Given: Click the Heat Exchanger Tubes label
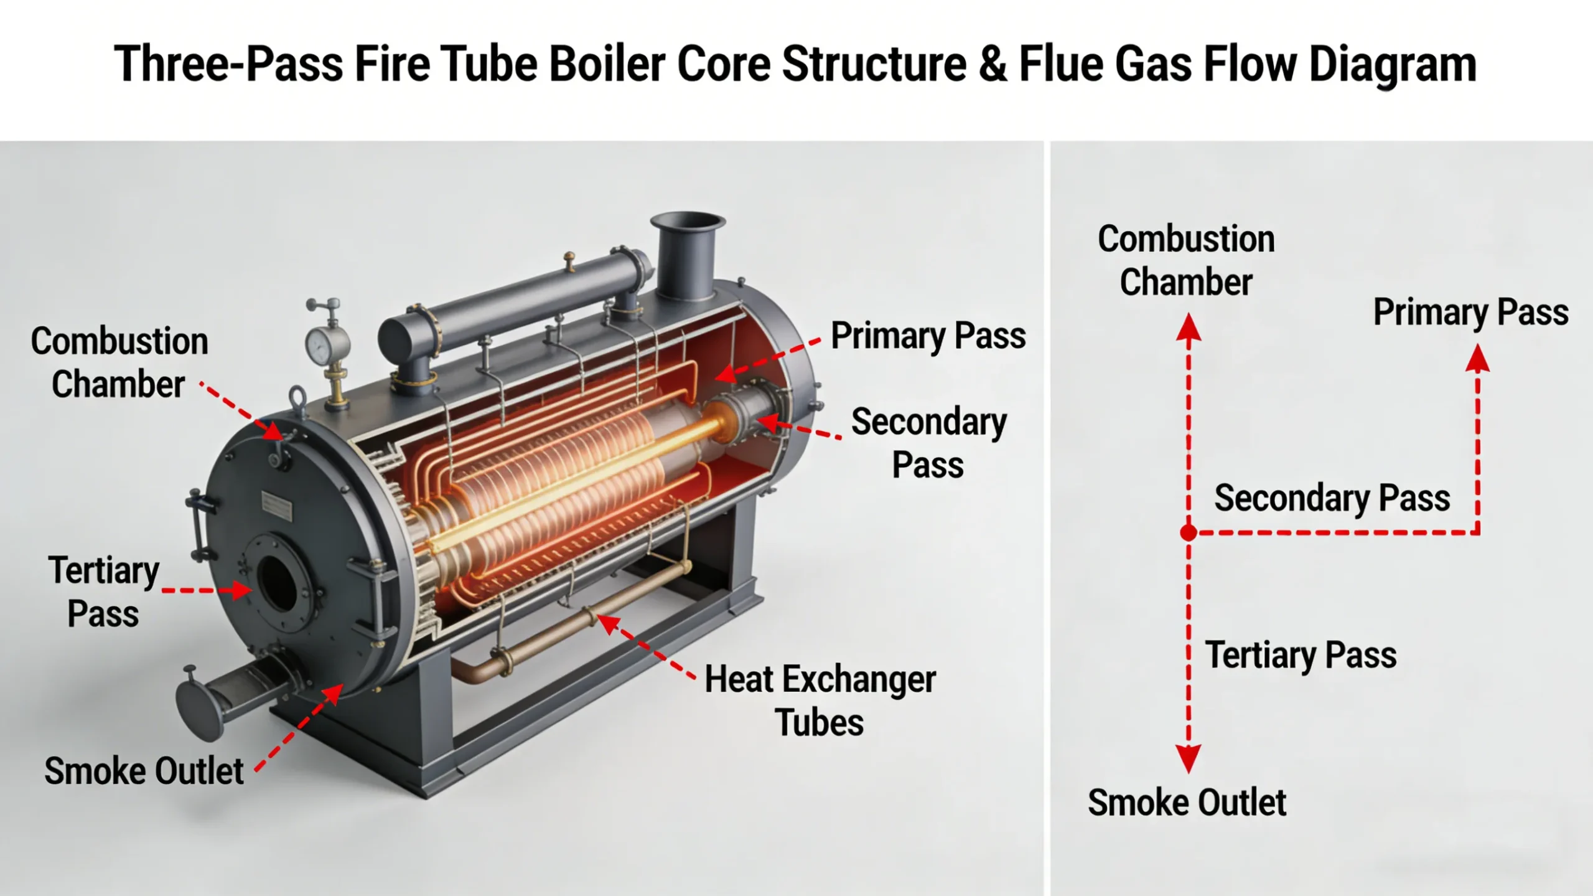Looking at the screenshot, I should coord(820,700).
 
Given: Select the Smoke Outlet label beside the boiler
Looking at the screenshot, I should coord(144,771).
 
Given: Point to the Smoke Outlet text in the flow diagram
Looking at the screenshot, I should coord(1187,802).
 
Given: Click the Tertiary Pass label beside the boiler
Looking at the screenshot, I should coord(104,592).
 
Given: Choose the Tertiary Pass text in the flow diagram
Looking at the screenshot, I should coord(1301,655).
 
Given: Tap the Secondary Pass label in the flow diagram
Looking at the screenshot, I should coord(1332,498).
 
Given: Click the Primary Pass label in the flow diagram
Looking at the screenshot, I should coord(1470,312).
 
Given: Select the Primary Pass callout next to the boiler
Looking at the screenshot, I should coord(928,336).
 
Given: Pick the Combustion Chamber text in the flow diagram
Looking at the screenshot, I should coord(1186,260).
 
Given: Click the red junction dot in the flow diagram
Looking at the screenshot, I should coord(1189,533).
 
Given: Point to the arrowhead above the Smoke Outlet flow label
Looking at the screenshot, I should coord(1189,758).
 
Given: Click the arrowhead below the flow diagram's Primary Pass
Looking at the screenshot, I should coord(1477,360).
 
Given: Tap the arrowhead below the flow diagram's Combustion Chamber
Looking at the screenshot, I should coord(1189,328).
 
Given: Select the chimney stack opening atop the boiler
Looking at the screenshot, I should coord(688,222).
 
